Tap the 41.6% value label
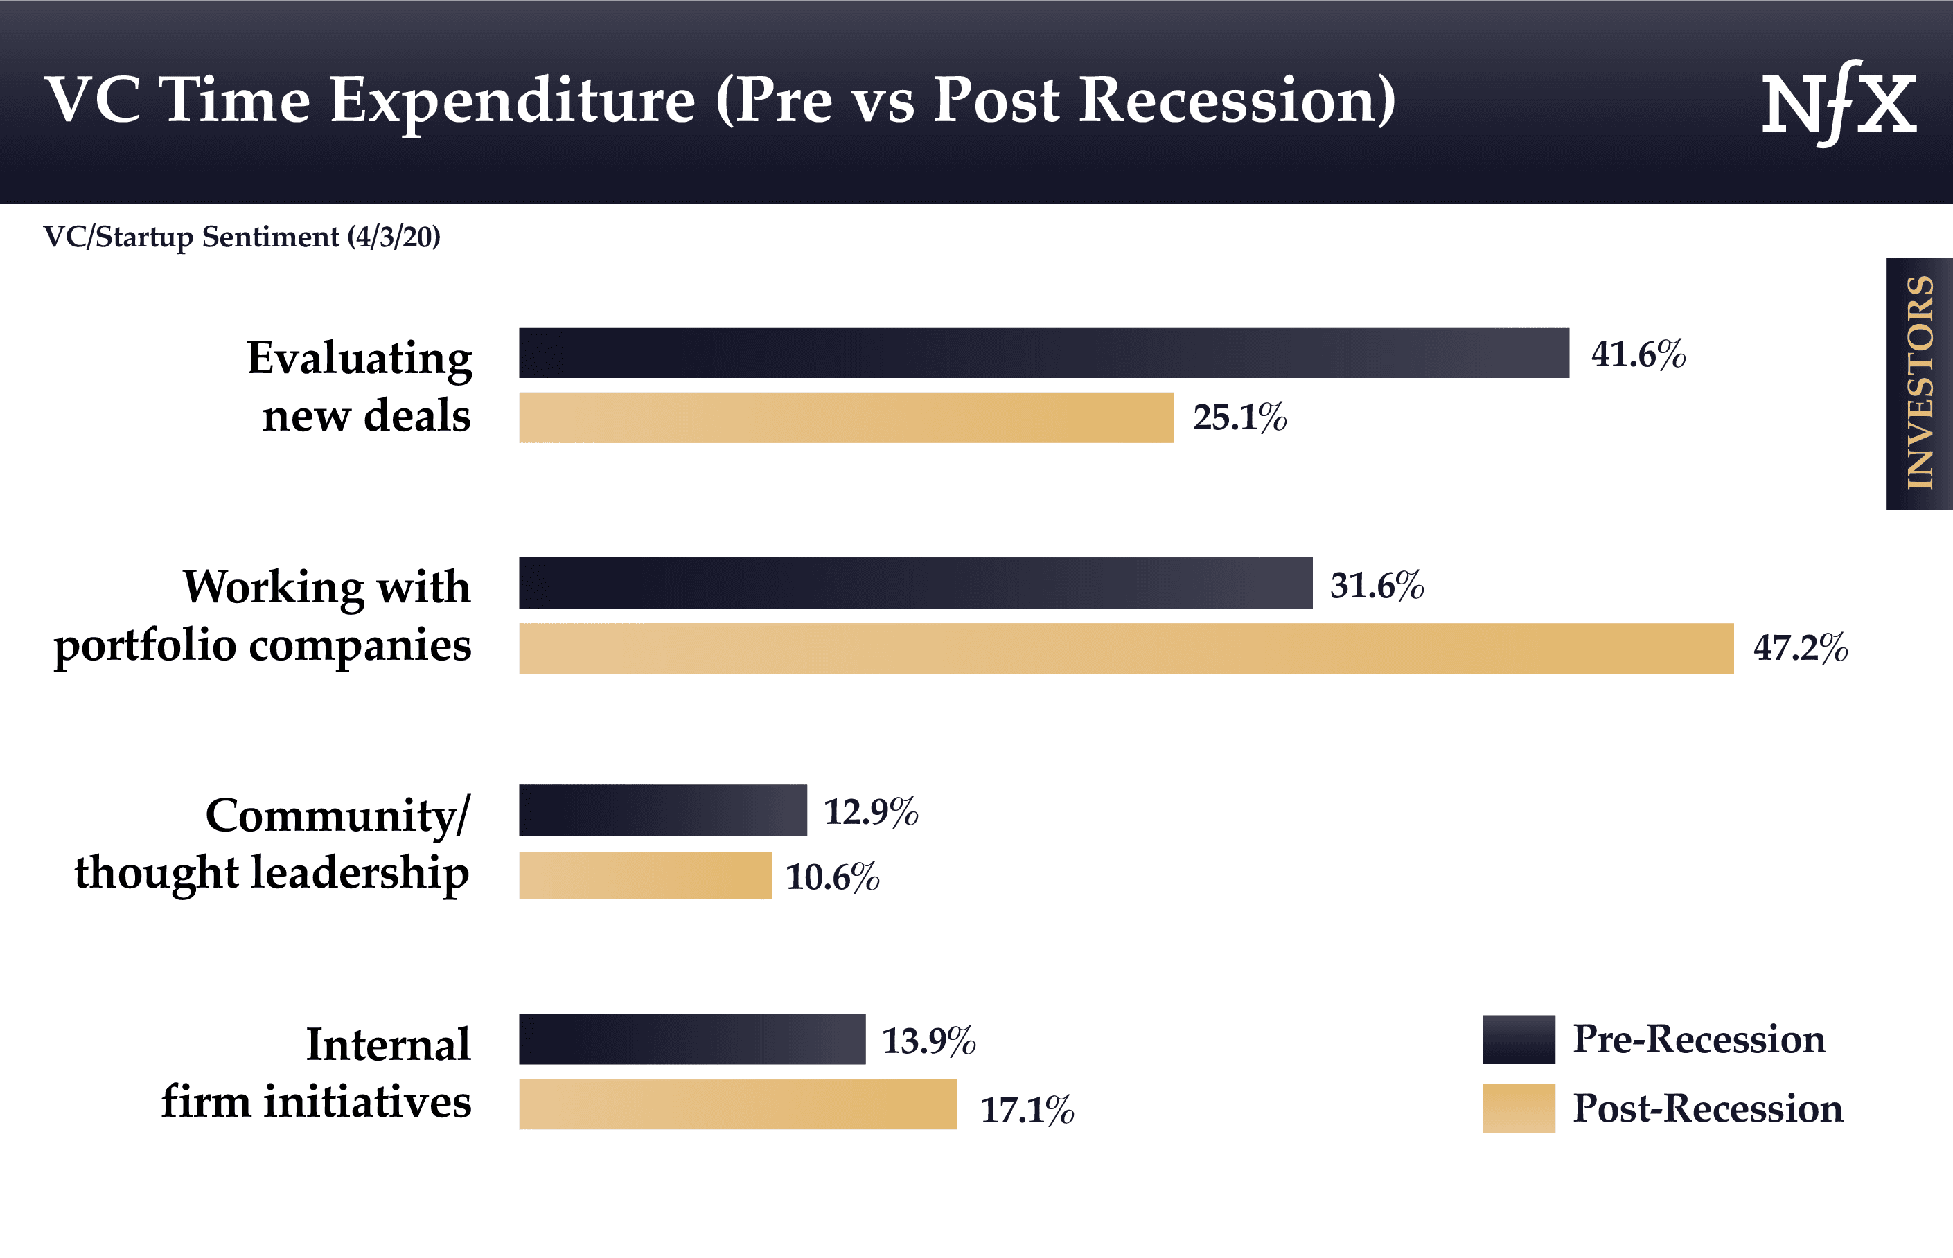click(1638, 354)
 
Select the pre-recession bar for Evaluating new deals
click(1043, 353)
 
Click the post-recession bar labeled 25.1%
click(846, 417)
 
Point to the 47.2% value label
click(1800, 648)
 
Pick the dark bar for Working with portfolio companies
click(915, 583)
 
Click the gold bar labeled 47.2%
click(1125, 649)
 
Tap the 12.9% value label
click(870, 812)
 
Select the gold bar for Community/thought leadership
click(645, 876)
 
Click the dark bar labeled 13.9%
click(691, 1039)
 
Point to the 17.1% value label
click(1026, 1110)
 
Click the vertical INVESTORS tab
click(1918, 384)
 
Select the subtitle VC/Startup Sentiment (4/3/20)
click(241, 237)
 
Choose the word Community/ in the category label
click(337, 816)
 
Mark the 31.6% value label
click(1376, 586)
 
